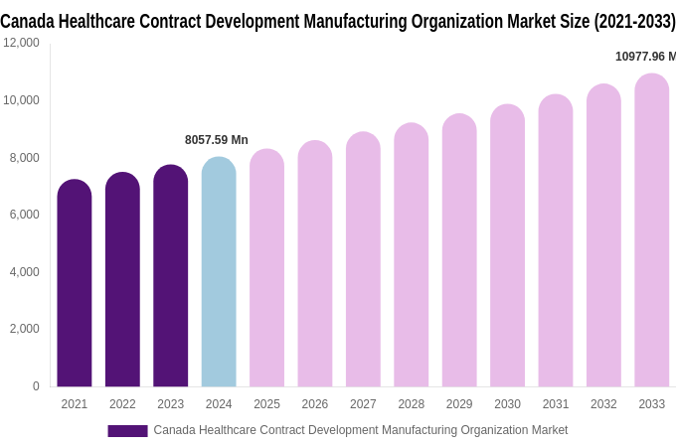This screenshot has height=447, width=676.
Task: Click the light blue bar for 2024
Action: pos(219,272)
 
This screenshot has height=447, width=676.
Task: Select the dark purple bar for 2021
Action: pos(75,283)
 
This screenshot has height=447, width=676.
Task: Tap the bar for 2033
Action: pos(652,230)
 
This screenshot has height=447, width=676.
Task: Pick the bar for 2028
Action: pos(412,255)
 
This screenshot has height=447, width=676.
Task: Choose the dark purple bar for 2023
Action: pos(170,276)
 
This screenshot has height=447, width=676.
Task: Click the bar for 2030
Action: pos(507,245)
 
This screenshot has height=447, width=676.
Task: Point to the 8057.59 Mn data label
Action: pos(217,140)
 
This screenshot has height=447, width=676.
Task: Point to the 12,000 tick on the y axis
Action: pos(21,43)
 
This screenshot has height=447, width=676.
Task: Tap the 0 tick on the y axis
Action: pos(36,386)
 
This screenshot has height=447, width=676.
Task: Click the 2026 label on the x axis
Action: pos(315,404)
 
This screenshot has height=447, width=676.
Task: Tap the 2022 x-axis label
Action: pos(122,404)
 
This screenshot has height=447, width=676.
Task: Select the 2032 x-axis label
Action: pos(603,404)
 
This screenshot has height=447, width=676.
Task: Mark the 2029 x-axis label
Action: pos(459,404)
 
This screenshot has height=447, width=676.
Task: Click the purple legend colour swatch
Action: pos(127,431)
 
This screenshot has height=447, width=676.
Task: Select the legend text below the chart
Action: pos(360,430)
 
